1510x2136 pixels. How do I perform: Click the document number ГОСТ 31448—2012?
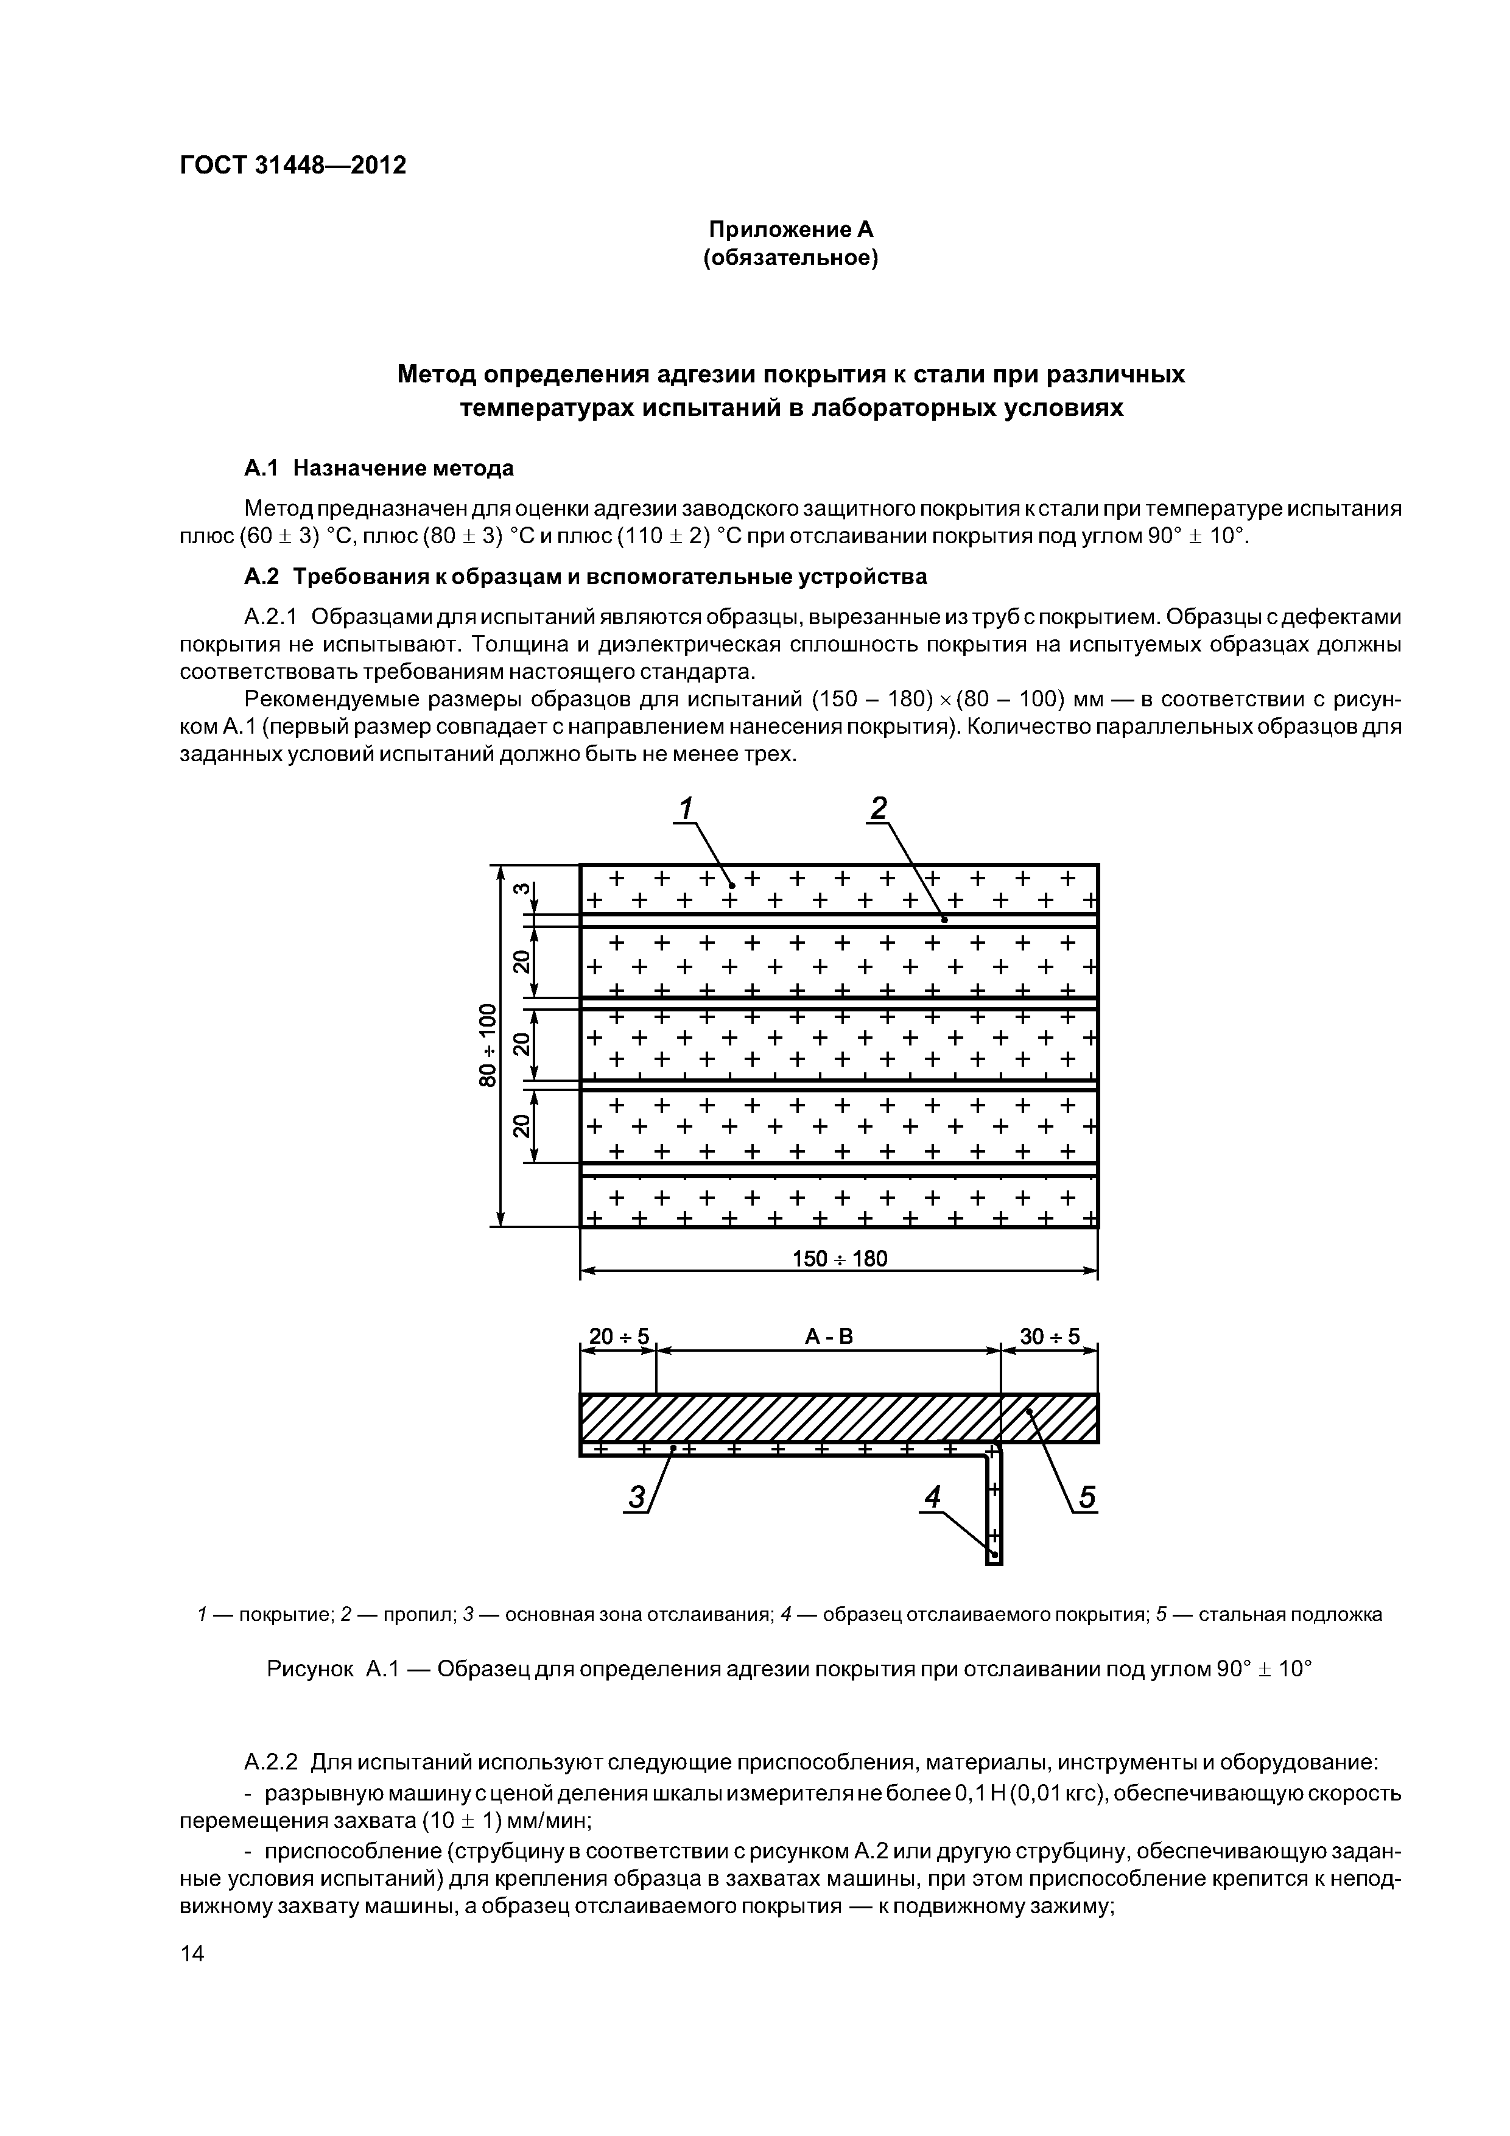point(292,166)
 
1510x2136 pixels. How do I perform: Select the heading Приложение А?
point(791,229)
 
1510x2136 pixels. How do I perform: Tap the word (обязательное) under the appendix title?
point(791,258)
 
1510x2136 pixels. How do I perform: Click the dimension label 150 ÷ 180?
point(839,1259)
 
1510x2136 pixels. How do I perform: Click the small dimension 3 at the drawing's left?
point(522,890)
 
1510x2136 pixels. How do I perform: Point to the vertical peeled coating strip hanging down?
point(994,1507)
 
